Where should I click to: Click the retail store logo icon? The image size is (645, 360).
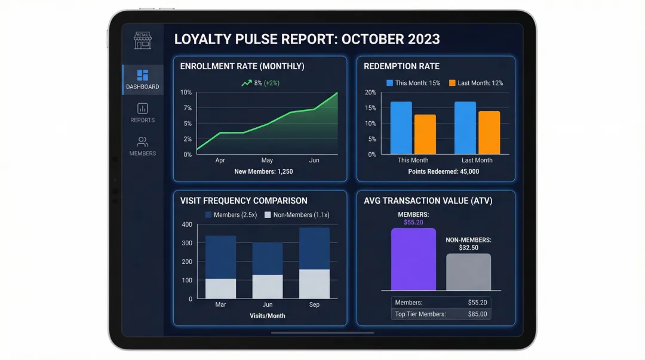click(143, 40)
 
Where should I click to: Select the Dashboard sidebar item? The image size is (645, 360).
click(143, 80)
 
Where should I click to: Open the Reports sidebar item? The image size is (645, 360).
click(143, 113)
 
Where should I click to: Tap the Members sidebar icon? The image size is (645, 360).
click(143, 142)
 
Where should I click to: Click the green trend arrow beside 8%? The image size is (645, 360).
click(246, 83)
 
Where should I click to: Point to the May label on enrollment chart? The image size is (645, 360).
click(267, 161)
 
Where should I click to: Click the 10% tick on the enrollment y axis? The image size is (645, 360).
click(186, 93)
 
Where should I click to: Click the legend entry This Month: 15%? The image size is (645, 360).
click(413, 83)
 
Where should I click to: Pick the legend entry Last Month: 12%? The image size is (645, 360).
click(476, 83)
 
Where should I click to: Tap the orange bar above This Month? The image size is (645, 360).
click(425, 134)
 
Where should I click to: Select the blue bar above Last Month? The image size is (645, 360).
click(465, 128)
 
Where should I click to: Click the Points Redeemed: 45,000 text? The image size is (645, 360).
click(444, 172)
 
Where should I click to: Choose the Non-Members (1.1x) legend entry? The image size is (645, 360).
click(297, 215)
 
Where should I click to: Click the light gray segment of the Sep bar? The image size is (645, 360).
click(314, 284)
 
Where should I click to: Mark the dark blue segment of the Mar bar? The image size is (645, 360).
click(220, 257)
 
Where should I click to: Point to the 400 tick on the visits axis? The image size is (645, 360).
click(187, 224)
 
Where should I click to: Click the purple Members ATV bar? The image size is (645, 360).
click(413, 259)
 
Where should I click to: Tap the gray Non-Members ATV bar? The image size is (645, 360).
click(468, 272)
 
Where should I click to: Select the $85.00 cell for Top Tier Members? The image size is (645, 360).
click(477, 314)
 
